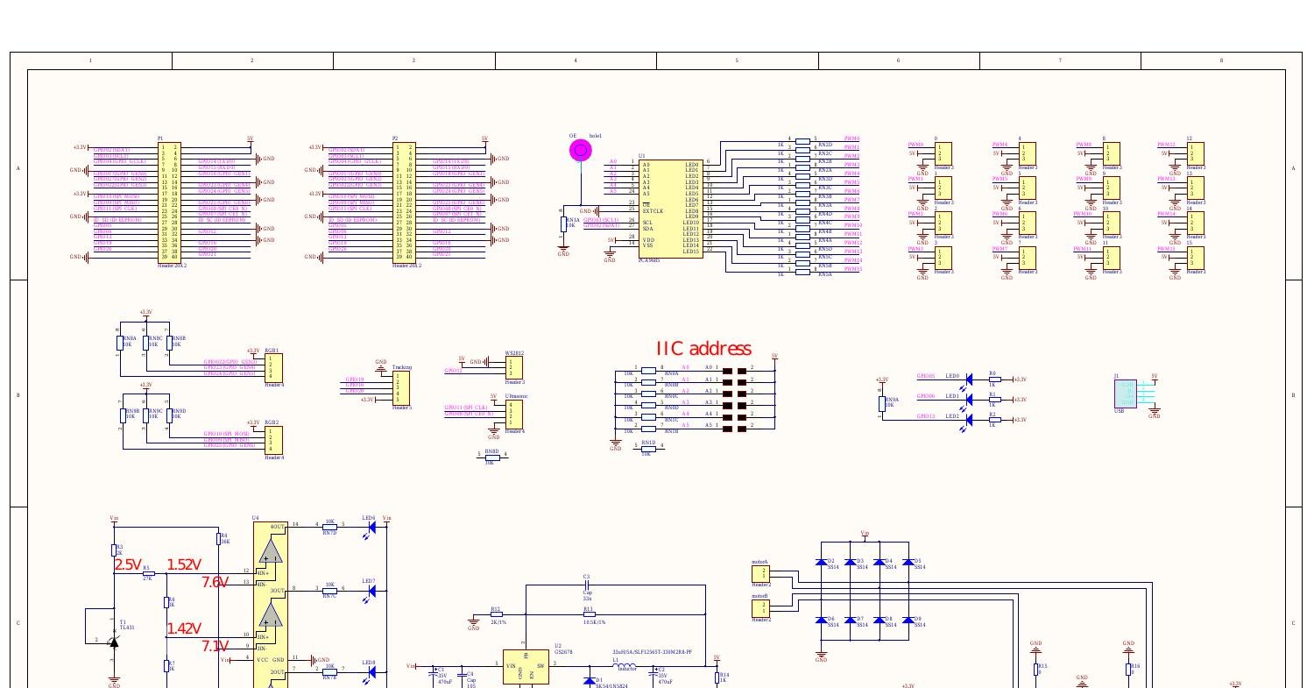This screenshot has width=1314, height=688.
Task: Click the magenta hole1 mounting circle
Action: point(580,151)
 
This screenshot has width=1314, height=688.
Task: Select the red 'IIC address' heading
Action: point(703,349)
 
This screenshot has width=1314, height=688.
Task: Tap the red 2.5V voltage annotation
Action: point(128,565)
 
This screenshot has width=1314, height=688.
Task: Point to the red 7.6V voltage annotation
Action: point(215,582)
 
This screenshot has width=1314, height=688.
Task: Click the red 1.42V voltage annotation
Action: point(184,628)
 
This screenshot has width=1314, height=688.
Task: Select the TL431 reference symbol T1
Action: point(113,642)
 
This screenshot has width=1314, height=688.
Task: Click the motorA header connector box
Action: point(760,573)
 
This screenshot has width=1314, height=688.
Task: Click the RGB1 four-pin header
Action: point(274,367)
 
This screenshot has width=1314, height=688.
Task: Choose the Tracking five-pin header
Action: point(401,387)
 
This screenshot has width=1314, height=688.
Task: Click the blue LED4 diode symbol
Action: point(371,525)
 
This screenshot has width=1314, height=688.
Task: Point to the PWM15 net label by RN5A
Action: point(851,269)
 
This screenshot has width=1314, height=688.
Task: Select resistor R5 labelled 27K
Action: point(147,573)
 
